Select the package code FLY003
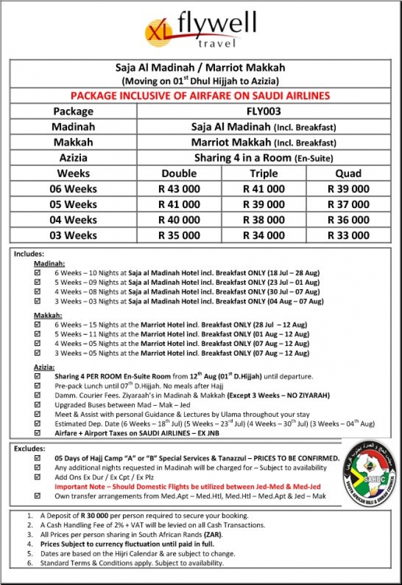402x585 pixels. [x=263, y=111]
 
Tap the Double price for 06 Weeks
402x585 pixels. [x=179, y=188]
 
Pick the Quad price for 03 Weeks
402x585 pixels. [x=348, y=235]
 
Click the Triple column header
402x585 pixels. [x=263, y=173]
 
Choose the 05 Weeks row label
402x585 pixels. [x=72, y=204]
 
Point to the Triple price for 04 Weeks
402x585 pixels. [x=263, y=220]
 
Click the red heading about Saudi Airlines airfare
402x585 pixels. [x=200, y=96]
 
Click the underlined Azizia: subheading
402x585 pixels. [x=44, y=367]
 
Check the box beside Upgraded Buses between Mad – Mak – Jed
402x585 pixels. [x=37, y=405]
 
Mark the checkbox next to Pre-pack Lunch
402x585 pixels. [x=37, y=386]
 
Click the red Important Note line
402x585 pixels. [x=188, y=486]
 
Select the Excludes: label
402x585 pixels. [x=29, y=448]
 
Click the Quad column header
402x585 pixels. [x=348, y=173]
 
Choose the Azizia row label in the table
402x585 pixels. [x=72, y=157]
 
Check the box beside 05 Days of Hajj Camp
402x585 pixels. [x=37, y=458]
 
